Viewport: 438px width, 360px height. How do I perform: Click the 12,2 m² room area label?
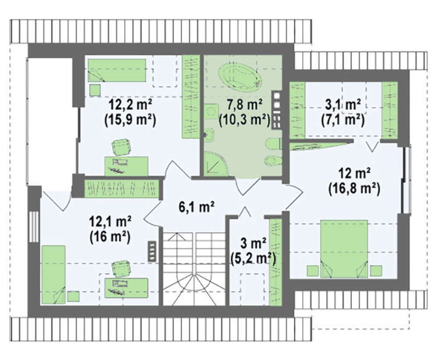[x=131, y=106]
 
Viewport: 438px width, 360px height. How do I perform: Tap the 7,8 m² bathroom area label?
[x=245, y=106]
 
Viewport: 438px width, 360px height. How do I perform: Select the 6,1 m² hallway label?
[x=197, y=208]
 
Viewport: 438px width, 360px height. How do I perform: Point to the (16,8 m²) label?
[x=354, y=189]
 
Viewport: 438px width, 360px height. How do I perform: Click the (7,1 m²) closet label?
[x=343, y=120]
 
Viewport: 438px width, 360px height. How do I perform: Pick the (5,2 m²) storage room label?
[x=253, y=259]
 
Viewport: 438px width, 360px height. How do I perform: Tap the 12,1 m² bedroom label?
[x=110, y=222]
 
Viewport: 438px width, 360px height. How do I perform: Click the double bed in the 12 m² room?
[x=344, y=249]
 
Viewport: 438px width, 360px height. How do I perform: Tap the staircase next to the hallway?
[x=194, y=268]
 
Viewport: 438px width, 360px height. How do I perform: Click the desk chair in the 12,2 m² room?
[x=121, y=147]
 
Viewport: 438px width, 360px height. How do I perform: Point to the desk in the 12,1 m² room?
[x=126, y=288]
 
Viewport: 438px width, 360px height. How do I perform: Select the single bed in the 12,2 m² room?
[x=117, y=70]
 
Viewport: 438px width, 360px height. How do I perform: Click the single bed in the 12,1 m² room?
[x=53, y=275]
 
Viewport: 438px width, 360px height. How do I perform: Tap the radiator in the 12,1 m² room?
[x=152, y=251]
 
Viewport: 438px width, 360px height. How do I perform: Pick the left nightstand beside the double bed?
[x=313, y=271]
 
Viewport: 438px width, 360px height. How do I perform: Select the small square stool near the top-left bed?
[x=95, y=90]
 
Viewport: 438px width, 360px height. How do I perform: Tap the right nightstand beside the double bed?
[x=376, y=271]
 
